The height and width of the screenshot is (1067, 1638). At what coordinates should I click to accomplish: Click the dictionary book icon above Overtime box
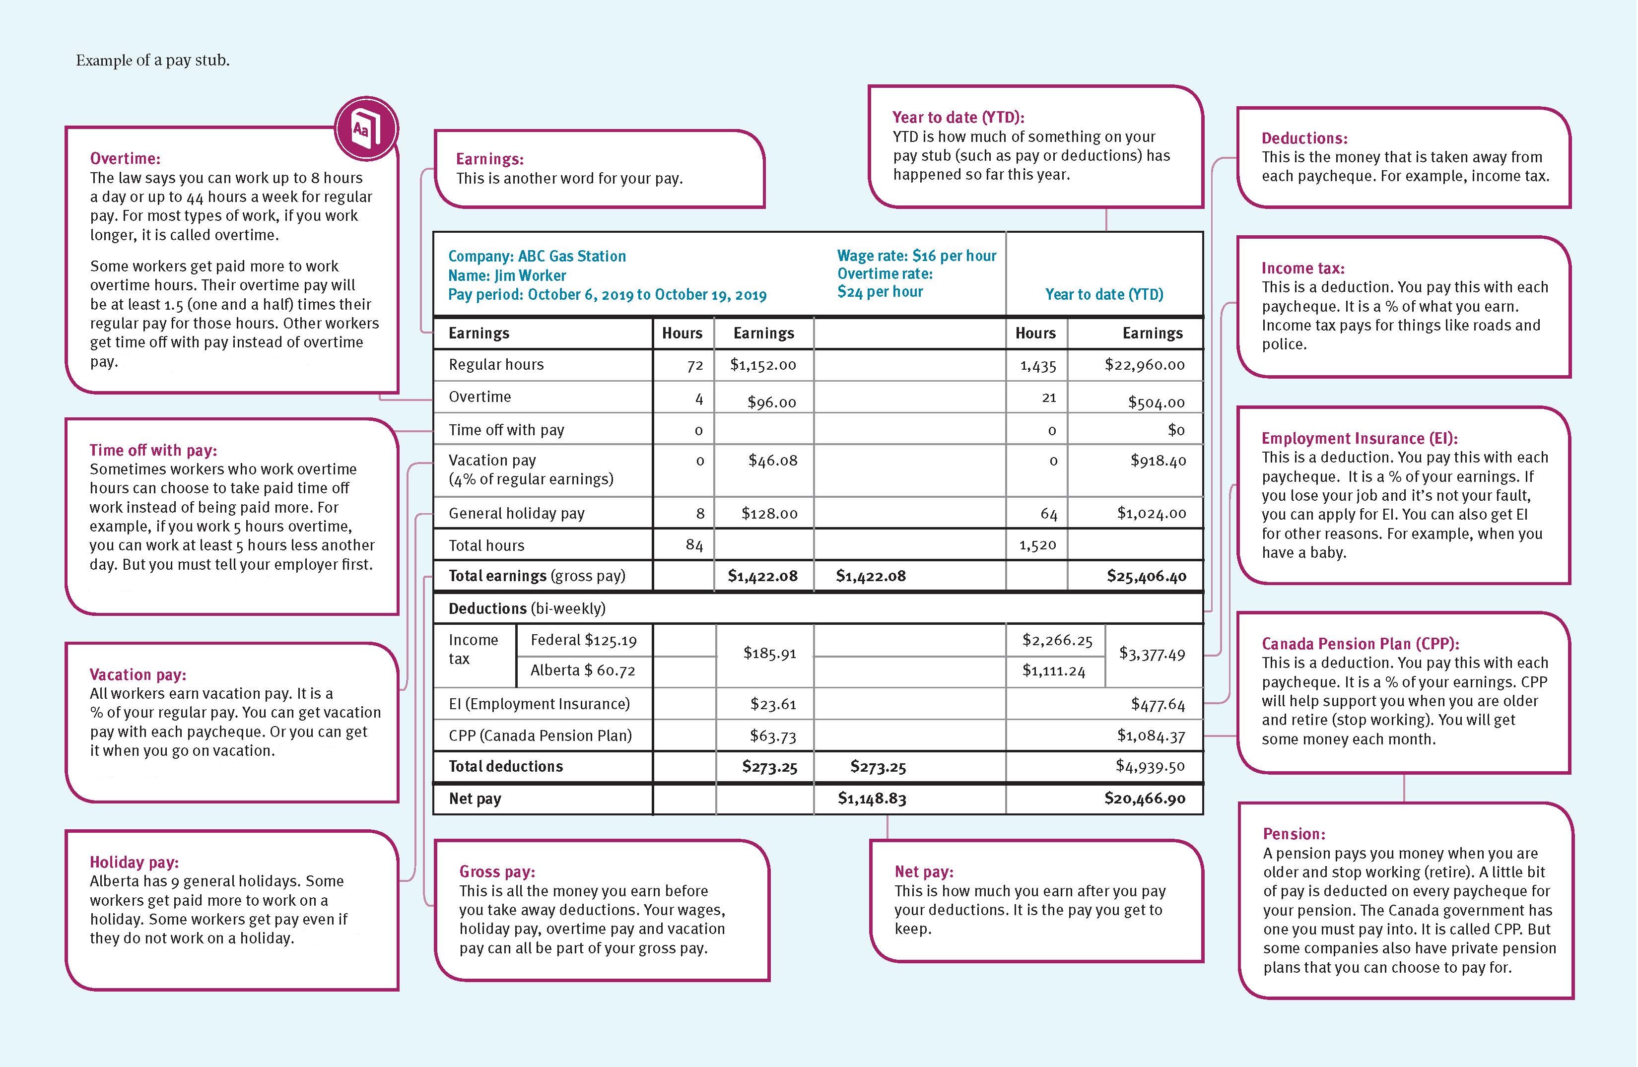click(366, 129)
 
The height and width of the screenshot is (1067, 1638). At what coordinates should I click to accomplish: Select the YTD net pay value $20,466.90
click(1145, 798)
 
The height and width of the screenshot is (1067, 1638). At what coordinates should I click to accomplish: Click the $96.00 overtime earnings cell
click(771, 402)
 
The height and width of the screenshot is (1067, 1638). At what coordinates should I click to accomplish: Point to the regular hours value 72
click(695, 365)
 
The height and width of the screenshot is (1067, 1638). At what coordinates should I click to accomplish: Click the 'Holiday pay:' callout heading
click(134, 862)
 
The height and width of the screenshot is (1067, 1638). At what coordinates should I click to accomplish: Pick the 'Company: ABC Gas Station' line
click(537, 256)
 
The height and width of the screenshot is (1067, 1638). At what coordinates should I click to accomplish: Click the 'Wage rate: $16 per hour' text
click(916, 256)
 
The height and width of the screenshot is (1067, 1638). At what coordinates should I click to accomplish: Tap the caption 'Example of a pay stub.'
click(153, 61)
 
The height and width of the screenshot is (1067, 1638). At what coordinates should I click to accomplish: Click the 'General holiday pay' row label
click(516, 513)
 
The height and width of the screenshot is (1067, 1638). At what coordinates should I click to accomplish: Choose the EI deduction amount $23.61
click(773, 704)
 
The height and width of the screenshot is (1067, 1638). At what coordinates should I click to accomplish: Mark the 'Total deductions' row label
click(505, 766)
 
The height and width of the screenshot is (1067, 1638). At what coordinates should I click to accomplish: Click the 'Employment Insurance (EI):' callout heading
click(1359, 438)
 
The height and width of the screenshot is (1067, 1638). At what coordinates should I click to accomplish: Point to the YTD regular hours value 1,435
click(1037, 365)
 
